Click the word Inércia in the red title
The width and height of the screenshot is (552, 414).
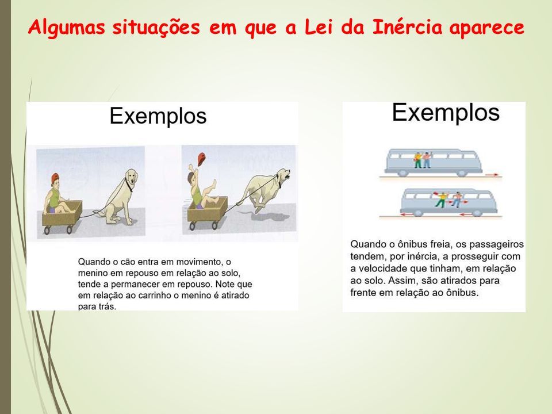click(x=407, y=27)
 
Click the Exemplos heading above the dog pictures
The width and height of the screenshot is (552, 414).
click(x=158, y=117)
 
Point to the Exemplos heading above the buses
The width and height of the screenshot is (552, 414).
click(x=446, y=113)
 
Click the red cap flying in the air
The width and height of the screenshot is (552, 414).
click(x=201, y=159)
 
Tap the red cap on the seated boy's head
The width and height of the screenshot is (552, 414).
click(x=55, y=178)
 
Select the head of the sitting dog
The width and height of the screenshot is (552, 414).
click(x=131, y=178)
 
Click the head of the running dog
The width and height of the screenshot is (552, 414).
click(x=283, y=176)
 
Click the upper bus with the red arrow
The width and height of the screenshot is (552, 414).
click(x=434, y=162)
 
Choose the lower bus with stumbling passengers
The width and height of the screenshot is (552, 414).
click(x=448, y=202)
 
